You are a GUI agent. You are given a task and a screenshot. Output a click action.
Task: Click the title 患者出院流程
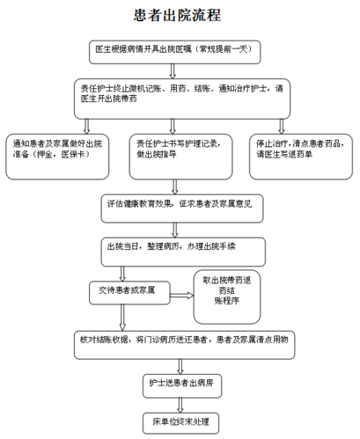pyautogui.click(x=180, y=16)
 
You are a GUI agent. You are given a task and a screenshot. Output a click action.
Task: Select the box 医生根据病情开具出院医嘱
pyautogui.click(x=179, y=51)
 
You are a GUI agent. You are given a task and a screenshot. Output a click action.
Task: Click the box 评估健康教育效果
pyautogui.click(x=180, y=204)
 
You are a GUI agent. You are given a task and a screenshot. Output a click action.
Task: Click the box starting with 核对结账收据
pyautogui.click(x=180, y=340)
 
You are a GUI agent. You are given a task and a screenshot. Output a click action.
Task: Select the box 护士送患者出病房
pyautogui.click(x=180, y=384)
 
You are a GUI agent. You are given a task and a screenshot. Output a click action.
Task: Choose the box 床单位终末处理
pyautogui.click(x=180, y=422)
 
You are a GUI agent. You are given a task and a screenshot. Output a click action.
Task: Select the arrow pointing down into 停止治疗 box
pyautogui.click(x=281, y=121)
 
